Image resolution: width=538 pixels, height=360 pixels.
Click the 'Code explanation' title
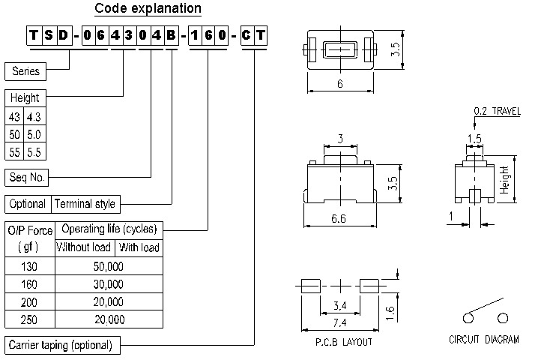pyautogui.click(x=148, y=9)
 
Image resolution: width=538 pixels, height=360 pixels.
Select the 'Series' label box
pyautogui.click(x=25, y=71)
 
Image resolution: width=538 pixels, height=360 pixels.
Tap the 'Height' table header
pyautogui.click(x=24, y=98)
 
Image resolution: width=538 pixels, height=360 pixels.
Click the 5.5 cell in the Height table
pyautogui.click(x=34, y=151)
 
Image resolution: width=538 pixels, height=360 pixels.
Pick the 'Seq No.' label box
pyautogui.click(x=27, y=178)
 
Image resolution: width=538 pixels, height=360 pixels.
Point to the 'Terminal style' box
pyautogui.click(x=85, y=203)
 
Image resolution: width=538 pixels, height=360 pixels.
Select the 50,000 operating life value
pyautogui.click(x=108, y=266)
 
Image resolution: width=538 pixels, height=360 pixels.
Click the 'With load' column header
pyautogui.click(x=139, y=247)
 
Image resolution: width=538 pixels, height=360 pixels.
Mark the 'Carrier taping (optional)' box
pyautogui.click(x=61, y=345)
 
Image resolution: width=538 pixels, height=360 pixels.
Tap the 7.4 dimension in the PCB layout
pyautogui.click(x=339, y=322)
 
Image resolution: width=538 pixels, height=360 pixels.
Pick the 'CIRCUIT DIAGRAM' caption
pyautogui.click(x=483, y=340)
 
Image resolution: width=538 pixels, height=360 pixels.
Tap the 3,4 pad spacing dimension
pyautogui.click(x=339, y=304)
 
